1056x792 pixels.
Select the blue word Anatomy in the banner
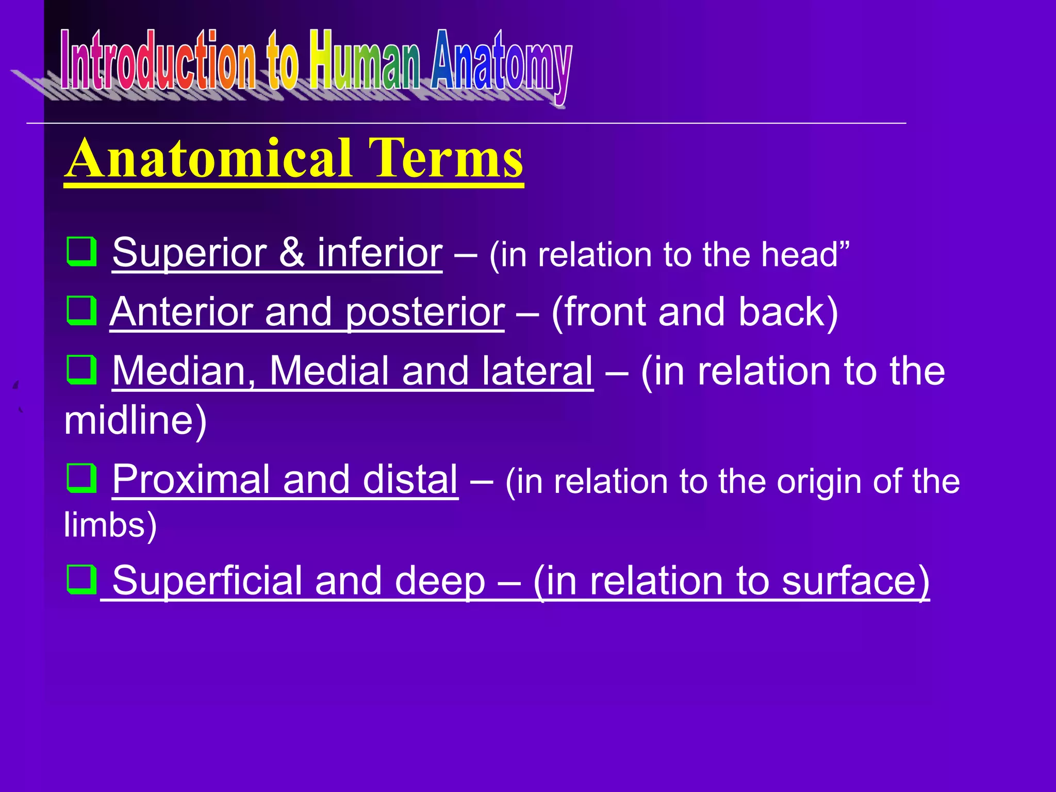(501, 64)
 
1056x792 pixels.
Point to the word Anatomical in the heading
(209, 158)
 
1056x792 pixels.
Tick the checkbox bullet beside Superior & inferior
(82, 251)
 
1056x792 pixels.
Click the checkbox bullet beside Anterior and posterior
(82, 310)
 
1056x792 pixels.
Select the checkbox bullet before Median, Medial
(82, 370)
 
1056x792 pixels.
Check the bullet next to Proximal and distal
(82, 478)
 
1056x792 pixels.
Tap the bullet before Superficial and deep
(82, 579)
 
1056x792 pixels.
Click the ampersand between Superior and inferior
(292, 253)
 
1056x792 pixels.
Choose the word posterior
(425, 313)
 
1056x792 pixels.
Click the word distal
(410, 480)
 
